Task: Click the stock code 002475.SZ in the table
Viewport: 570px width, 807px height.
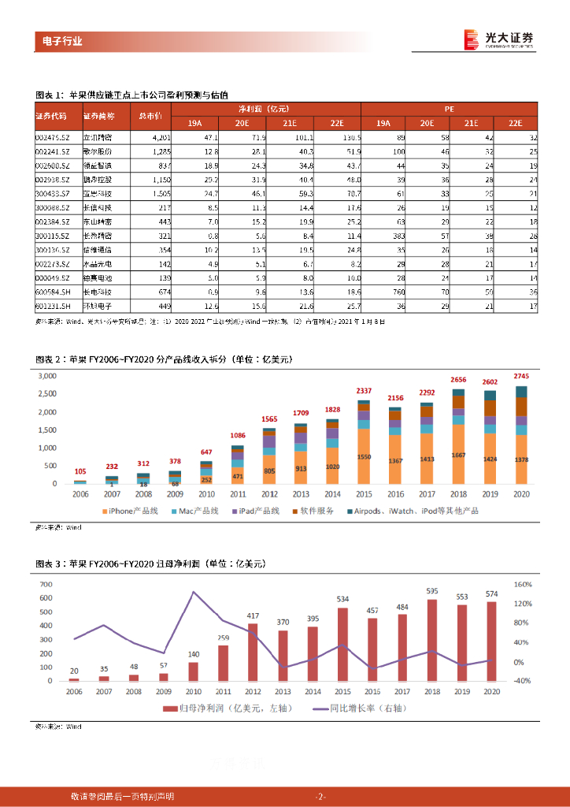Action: click(x=52, y=137)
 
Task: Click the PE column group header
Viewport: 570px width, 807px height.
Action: click(x=449, y=107)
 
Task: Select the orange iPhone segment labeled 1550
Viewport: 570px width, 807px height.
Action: click(x=363, y=457)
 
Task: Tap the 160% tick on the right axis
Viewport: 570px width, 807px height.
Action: click(x=524, y=585)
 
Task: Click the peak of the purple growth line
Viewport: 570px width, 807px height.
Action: click(x=194, y=592)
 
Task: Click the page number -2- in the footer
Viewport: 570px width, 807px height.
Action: click(x=320, y=796)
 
